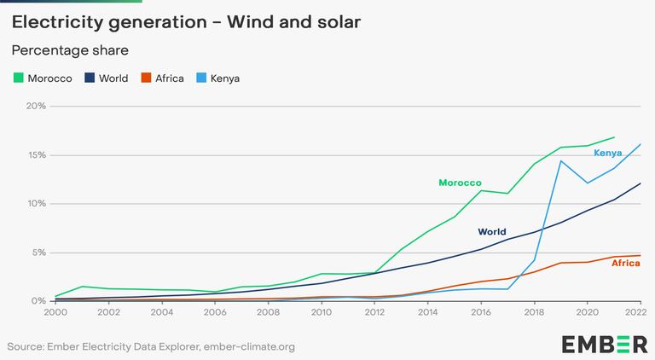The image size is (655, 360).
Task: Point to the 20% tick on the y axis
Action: tap(35, 107)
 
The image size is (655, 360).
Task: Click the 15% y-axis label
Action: tap(35, 155)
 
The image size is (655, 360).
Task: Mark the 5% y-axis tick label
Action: tap(38, 253)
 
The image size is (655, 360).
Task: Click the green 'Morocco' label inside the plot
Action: tap(460, 183)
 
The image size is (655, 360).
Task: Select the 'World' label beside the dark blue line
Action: tap(491, 232)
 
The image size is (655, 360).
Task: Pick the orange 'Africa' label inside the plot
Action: tap(625, 264)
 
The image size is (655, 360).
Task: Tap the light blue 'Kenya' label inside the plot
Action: tap(608, 153)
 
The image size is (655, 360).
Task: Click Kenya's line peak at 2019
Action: tap(560, 161)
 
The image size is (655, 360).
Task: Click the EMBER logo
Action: tap(604, 344)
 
